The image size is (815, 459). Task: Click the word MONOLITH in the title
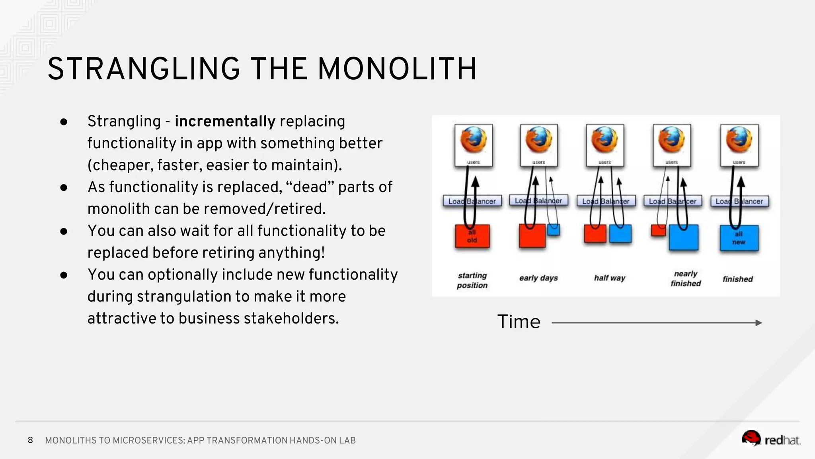click(x=397, y=69)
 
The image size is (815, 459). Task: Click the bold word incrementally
click(x=225, y=121)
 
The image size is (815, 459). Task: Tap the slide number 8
click(x=30, y=440)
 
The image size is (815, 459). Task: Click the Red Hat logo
click(x=770, y=439)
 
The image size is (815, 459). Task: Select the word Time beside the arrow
click(x=519, y=322)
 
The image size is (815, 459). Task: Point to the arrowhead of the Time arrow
click(x=758, y=323)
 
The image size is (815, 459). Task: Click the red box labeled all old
click(x=472, y=236)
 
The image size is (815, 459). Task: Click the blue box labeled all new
click(x=739, y=238)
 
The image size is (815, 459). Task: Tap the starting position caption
click(x=472, y=280)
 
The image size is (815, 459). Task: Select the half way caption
click(x=609, y=278)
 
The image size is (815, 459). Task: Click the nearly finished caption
click(x=685, y=279)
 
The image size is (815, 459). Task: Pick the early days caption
click(x=538, y=278)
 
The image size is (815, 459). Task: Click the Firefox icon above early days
click(x=539, y=141)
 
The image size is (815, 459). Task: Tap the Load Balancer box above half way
click(x=606, y=201)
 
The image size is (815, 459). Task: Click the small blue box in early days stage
click(x=554, y=230)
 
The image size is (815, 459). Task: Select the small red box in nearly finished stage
click(x=658, y=230)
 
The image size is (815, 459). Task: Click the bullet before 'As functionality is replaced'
click(x=64, y=187)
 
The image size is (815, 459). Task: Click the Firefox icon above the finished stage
click(x=739, y=141)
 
